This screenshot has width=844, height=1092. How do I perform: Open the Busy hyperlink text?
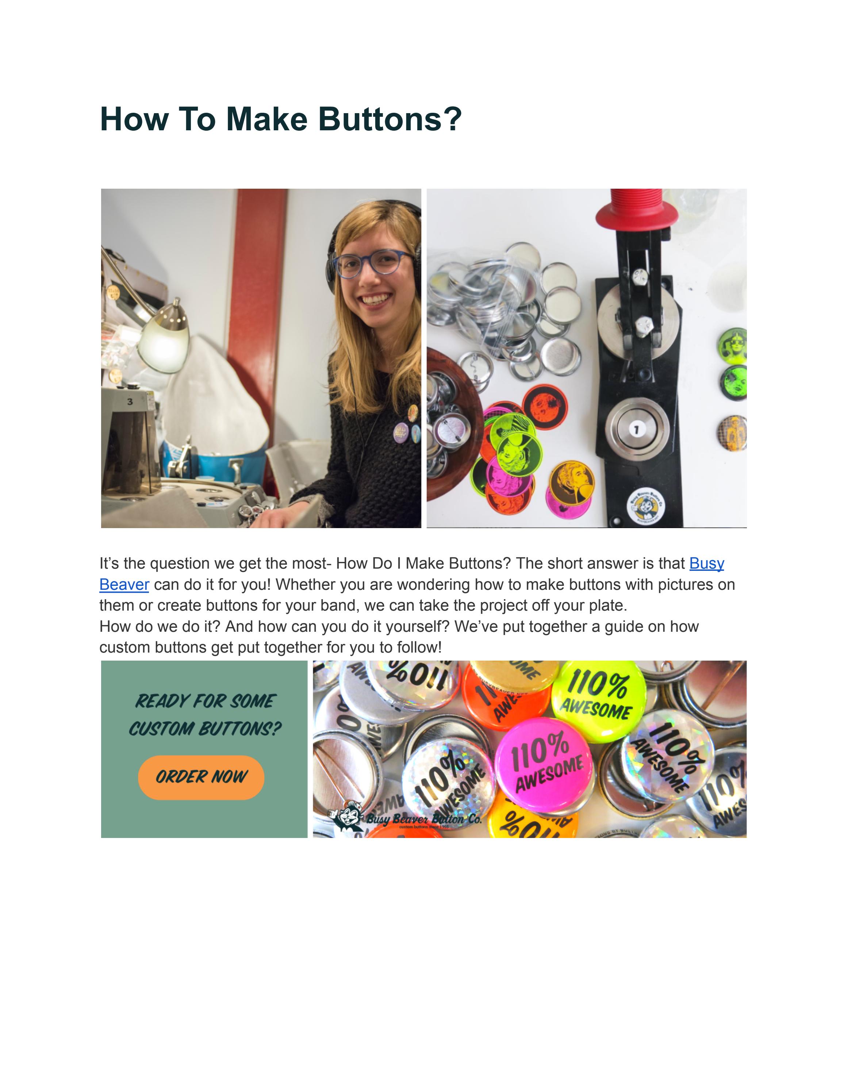click(706, 564)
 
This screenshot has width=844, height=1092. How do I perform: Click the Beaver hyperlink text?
click(124, 584)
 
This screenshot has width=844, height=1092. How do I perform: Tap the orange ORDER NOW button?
click(201, 777)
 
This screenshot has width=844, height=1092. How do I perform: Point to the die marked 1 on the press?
click(636, 429)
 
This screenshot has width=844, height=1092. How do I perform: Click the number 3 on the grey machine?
click(130, 401)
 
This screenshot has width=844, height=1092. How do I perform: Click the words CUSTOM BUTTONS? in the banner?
click(205, 729)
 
